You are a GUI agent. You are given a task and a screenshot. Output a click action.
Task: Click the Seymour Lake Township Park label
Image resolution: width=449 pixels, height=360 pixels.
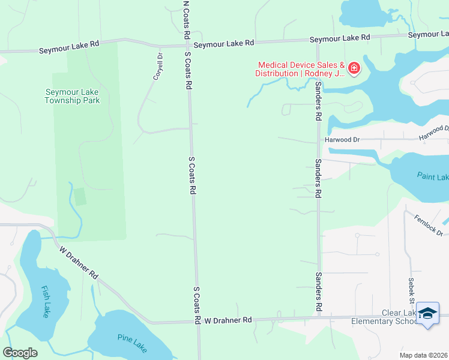[72, 96]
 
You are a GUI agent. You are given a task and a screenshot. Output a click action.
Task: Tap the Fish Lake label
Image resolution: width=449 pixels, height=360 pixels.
[46, 301]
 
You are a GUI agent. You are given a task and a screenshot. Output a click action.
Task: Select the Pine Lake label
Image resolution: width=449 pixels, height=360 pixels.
[133, 345]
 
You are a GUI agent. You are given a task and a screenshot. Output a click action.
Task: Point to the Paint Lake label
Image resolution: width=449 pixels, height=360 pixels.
[433, 176]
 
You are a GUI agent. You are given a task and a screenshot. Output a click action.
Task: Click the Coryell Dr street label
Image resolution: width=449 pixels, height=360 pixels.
[158, 67]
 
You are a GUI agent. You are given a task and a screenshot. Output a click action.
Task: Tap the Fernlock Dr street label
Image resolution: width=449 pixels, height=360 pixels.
[429, 224]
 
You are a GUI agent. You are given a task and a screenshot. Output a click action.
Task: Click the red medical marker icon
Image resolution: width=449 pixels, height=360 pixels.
[354, 68]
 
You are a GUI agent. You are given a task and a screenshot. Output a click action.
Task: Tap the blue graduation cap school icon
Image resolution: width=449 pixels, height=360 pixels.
[427, 314]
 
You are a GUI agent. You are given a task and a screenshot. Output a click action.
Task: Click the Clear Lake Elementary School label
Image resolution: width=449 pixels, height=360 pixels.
[384, 317]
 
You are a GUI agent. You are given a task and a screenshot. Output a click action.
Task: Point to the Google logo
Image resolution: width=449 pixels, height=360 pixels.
[20, 353]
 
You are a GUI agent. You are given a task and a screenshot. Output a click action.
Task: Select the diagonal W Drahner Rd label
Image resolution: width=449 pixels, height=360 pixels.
[79, 262]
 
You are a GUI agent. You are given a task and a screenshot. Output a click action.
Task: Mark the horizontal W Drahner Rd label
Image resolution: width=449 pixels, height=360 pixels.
[228, 320]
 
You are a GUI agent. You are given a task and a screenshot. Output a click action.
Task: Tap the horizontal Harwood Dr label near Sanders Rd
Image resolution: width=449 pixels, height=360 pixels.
[342, 140]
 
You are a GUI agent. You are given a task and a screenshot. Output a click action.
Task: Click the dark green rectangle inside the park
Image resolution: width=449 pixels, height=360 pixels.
[80, 196]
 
